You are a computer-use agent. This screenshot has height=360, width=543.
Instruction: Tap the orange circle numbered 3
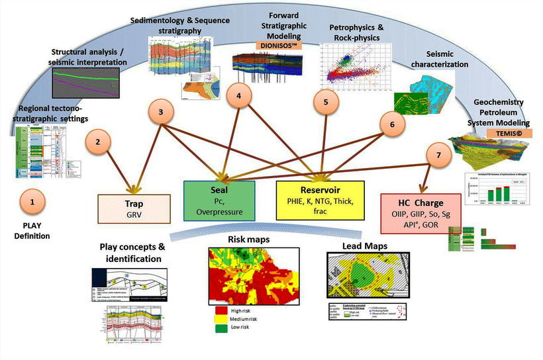tap(162, 114)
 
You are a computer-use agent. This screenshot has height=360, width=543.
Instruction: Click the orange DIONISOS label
tap(277, 45)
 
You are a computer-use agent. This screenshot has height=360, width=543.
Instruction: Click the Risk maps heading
tap(250, 240)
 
